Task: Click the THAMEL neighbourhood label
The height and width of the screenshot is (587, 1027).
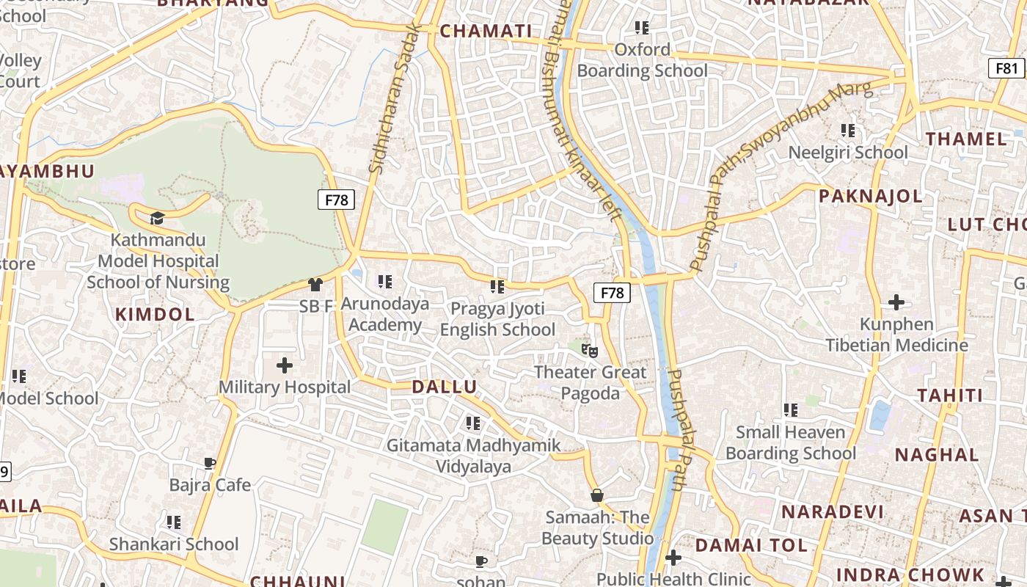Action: tap(965, 139)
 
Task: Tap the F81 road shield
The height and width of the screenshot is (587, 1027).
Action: tap(1006, 68)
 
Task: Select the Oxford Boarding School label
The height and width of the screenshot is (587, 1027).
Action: tap(643, 60)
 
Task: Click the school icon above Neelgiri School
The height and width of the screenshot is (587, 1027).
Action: tap(848, 131)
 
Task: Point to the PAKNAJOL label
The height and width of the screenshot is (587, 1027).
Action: tap(870, 196)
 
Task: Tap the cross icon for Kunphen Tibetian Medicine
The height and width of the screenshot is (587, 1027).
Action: tap(896, 302)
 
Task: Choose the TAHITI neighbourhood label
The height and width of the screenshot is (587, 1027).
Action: tap(949, 395)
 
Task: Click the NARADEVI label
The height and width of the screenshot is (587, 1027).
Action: tap(832, 511)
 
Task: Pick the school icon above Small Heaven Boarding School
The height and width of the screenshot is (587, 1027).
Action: tap(790, 410)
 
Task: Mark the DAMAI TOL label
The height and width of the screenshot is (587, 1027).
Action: tap(750, 545)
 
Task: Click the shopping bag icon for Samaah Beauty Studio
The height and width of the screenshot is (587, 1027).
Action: tap(597, 495)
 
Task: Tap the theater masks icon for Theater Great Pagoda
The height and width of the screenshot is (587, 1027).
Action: tap(586, 349)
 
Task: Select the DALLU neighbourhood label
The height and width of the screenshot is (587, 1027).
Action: tap(444, 387)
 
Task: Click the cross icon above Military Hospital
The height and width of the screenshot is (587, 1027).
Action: tap(284, 365)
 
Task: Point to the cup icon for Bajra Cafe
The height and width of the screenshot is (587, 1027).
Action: tap(210, 463)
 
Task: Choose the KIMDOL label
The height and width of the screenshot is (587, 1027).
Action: tap(155, 315)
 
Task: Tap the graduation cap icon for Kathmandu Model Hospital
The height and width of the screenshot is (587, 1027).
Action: tap(156, 217)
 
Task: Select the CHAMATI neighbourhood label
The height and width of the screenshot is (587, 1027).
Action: tap(486, 31)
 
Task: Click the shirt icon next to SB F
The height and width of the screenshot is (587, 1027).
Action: tap(315, 285)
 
